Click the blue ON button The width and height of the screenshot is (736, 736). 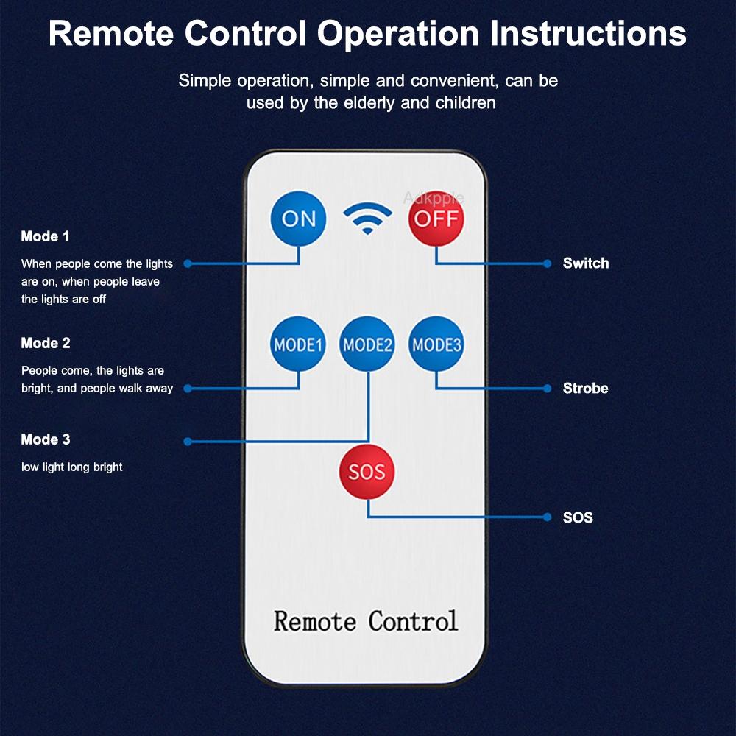pyautogui.click(x=299, y=219)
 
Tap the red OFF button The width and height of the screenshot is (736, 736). pyautogui.click(x=436, y=219)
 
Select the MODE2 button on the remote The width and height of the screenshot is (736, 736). pyautogui.click(x=367, y=344)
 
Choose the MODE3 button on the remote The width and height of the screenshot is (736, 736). pyautogui.click(x=436, y=344)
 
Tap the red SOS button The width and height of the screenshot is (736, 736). pyautogui.click(x=367, y=472)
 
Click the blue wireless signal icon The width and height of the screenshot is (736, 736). pyautogui.click(x=367, y=218)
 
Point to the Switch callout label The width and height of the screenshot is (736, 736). pyautogui.click(x=586, y=263)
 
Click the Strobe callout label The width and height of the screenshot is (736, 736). pyautogui.click(x=586, y=388)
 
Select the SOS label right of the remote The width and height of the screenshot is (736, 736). pyautogui.click(x=578, y=517)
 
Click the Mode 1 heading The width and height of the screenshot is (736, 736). pyautogui.click(x=45, y=236)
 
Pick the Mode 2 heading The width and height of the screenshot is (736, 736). pyautogui.click(x=46, y=343)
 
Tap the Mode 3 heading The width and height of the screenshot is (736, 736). pyautogui.click(x=46, y=439)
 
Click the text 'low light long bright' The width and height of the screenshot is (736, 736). pyautogui.click(x=72, y=467)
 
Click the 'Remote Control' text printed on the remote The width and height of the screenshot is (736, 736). pyautogui.click(x=366, y=621)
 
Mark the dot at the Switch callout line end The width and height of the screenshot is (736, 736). pyautogui.click(x=547, y=263)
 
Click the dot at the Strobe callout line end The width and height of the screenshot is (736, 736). pyautogui.click(x=547, y=388)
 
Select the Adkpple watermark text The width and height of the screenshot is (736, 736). pyautogui.click(x=434, y=197)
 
